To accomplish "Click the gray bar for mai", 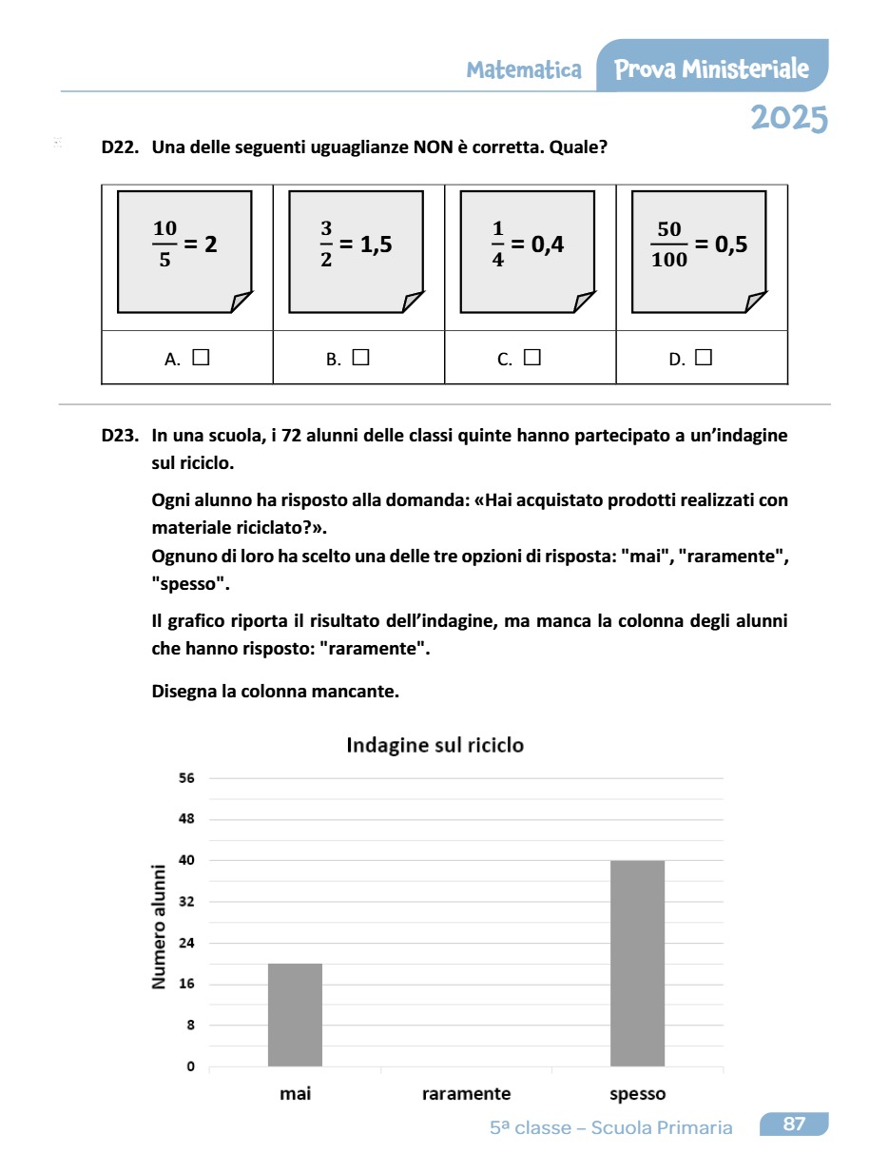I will (x=295, y=1014).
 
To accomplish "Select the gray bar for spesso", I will (x=637, y=963).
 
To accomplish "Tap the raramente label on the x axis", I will (x=466, y=1094).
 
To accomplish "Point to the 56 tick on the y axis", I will (x=186, y=778).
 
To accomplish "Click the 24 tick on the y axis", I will (x=186, y=943).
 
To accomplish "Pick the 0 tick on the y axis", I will (x=190, y=1066).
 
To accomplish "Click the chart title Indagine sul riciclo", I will (x=435, y=745).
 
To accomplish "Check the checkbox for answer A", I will (x=201, y=358).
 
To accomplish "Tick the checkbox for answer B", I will (x=360, y=358).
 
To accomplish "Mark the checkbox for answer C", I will (x=531, y=358).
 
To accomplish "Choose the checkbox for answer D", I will (x=704, y=358).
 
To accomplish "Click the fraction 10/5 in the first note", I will (x=164, y=244).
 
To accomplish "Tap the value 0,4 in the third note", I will (x=548, y=244).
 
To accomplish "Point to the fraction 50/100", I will (x=670, y=244).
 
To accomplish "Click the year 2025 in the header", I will (x=788, y=118).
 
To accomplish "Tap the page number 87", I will (x=794, y=1124).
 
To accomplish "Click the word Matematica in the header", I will (x=524, y=69).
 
